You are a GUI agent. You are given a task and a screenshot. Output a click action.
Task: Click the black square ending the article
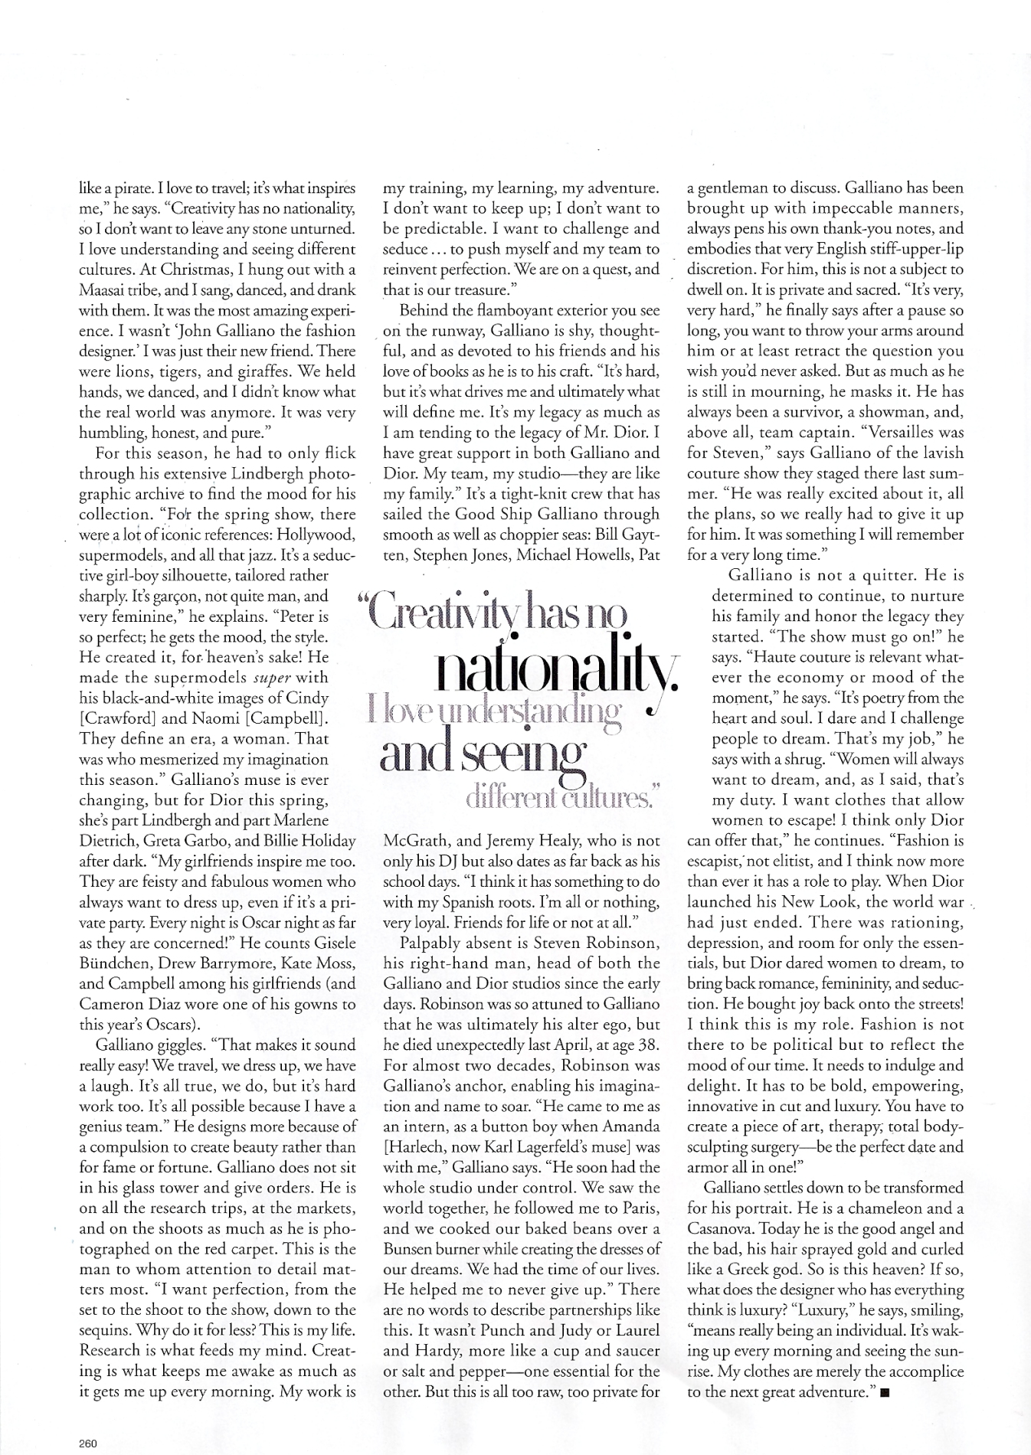[x=885, y=1393]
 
